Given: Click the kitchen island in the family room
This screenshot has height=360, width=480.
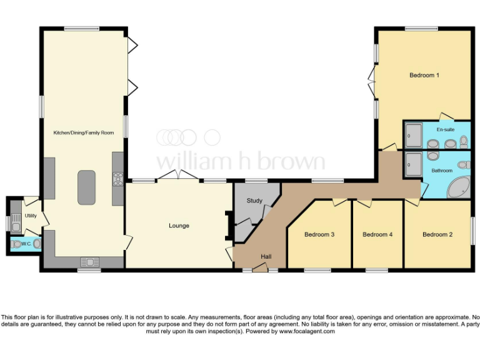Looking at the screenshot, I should click(x=86, y=187).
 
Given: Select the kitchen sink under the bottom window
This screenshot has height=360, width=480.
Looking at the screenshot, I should click(x=89, y=262).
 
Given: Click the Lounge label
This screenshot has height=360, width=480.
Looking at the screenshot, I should click(x=179, y=226).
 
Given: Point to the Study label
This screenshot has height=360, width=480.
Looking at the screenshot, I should click(x=254, y=201).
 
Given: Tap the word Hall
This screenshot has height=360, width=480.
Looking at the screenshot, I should click(x=266, y=256).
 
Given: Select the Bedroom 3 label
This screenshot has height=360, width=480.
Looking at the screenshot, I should click(x=319, y=234).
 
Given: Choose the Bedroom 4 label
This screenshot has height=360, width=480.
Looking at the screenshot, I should click(x=377, y=234).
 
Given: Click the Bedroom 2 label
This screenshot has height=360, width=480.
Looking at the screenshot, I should click(x=437, y=234).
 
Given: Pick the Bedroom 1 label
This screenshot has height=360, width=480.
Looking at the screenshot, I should click(x=424, y=75).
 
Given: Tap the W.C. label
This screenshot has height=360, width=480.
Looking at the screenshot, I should click(x=26, y=244).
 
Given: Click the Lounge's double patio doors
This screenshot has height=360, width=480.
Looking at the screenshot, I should click(x=177, y=176).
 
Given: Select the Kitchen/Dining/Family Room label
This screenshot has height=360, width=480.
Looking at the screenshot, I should click(x=84, y=132).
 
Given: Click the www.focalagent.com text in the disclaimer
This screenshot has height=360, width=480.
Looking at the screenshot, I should click(x=306, y=331).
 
